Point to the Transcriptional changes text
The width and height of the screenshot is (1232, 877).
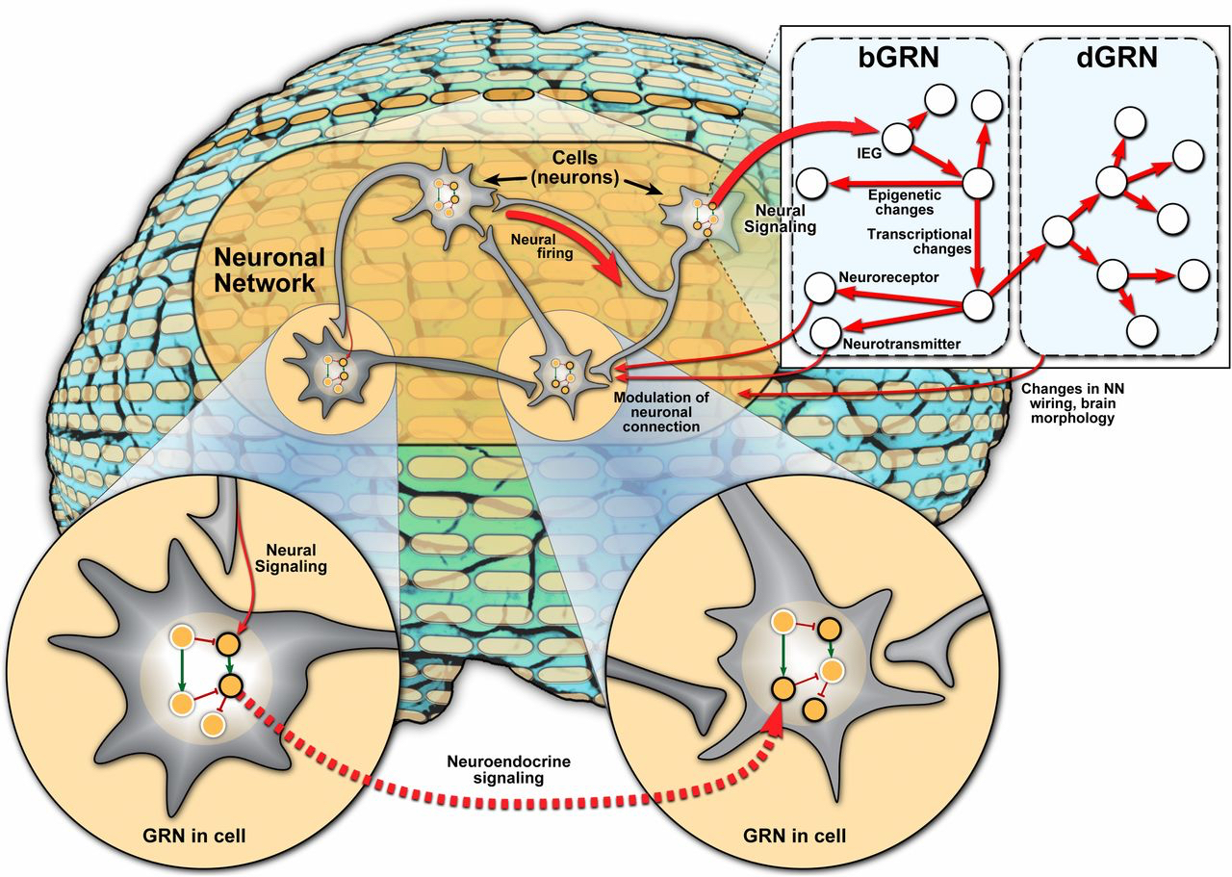click(918, 241)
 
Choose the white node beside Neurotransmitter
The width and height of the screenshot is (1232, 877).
click(826, 332)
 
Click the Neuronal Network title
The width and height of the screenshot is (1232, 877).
click(265, 271)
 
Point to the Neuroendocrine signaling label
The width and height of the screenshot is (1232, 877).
click(494, 768)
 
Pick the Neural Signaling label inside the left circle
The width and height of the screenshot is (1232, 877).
click(294, 559)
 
